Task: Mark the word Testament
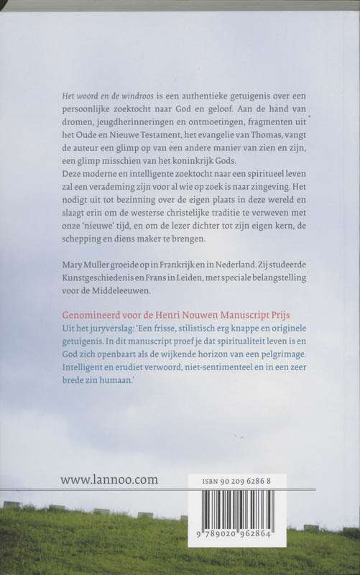click(x=157, y=138)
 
